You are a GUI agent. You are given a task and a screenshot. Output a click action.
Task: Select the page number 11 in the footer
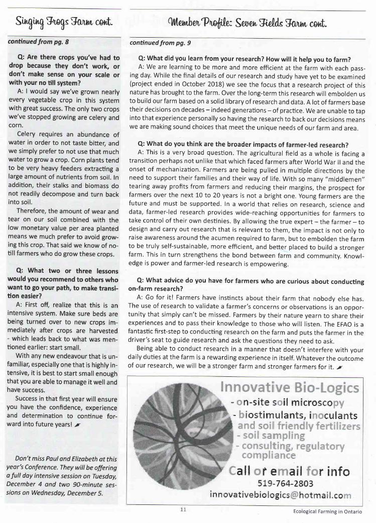click(183, 509)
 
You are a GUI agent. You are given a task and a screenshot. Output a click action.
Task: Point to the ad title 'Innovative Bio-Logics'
click(290, 388)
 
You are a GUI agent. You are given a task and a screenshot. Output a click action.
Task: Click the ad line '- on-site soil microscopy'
click(287, 403)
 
